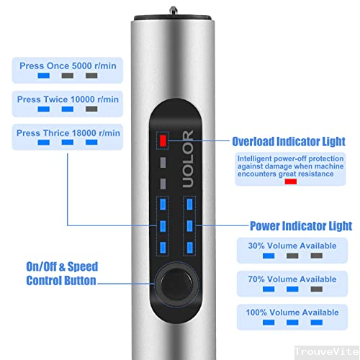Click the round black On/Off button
(x=173, y=285)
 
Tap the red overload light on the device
(x=163, y=140)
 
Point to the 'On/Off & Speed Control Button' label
(x=61, y=274)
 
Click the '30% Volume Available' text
(x=292, y=246)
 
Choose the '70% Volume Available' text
(x=292, y=279)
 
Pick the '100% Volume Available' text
(x=292, y=312)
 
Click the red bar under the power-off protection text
(x=292, y=181)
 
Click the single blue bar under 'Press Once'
(x=44, y=75)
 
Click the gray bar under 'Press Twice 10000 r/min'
(x=91, y=109)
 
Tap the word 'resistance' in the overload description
(x=315, y=174)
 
